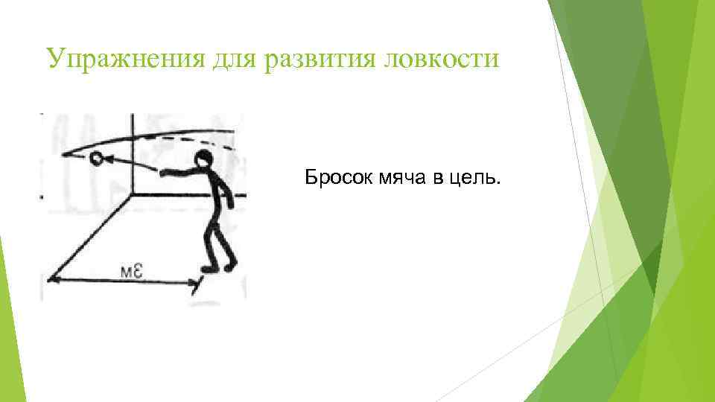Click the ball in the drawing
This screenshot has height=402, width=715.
point(96,159)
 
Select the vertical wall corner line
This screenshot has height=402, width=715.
point(132,156)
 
